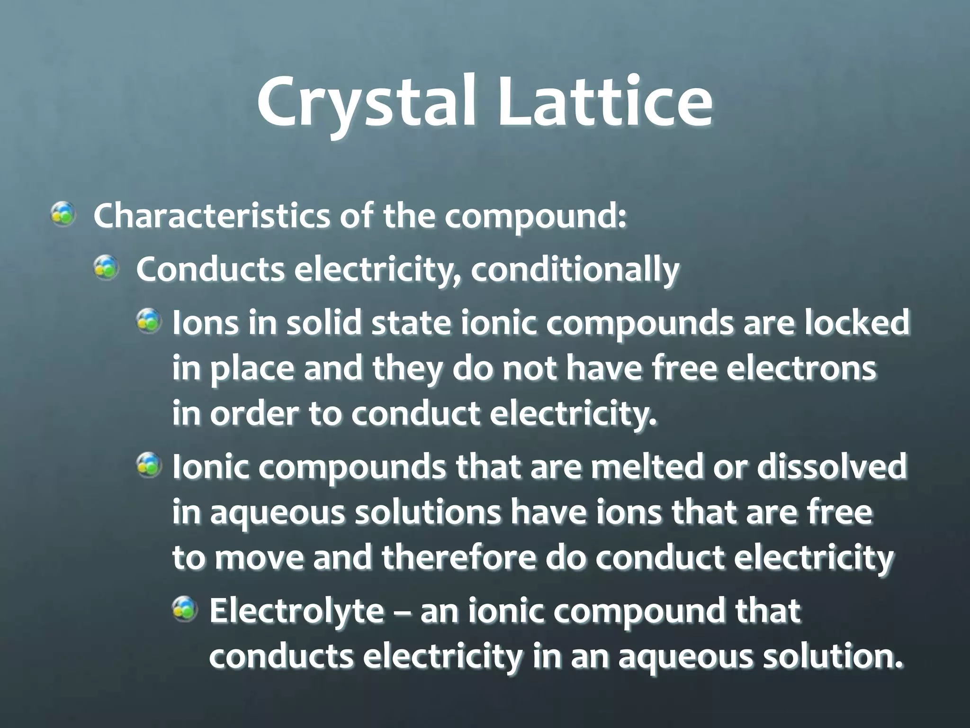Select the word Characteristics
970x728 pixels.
click(211, 216)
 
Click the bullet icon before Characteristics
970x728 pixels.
click(63, 214)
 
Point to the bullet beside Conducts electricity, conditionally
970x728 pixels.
click(106, 268)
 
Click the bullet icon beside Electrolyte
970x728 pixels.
click(184, 609)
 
